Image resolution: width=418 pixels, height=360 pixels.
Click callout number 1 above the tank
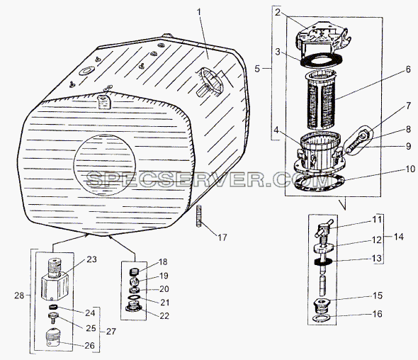(x=199, y=12)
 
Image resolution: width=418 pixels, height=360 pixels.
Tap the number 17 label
(x=222, y=237)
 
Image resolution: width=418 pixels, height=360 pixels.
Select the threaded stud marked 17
(x=199, y=216)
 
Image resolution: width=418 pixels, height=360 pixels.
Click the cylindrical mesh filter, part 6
(x=321, y=99)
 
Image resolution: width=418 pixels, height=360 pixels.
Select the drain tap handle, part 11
(x=323, y=228)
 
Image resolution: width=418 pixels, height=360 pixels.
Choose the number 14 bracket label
(x=398, y=237)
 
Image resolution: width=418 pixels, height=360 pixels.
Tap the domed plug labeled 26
(x=53, y=337)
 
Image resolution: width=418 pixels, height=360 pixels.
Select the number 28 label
(x=19, y=296)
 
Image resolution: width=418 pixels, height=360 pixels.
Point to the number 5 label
(x=257, y=69)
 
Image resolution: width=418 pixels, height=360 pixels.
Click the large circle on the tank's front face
(x=105, y=165)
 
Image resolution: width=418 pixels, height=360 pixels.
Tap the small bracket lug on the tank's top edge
(x=103, y=101)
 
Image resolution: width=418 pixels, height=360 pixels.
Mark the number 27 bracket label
(x=111, y=331)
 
